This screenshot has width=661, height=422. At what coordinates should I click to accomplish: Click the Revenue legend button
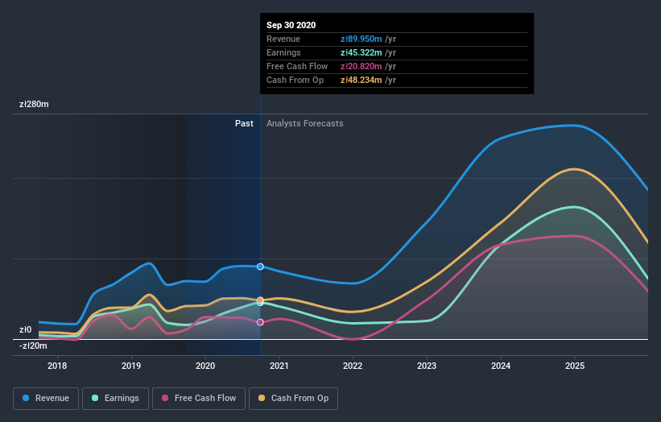point(46,398)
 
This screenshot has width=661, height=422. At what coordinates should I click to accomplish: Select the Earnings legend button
point(115,398)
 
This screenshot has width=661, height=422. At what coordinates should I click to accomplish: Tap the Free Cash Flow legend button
point(198,398)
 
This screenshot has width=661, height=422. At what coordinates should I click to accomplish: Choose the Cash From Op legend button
point(293,398)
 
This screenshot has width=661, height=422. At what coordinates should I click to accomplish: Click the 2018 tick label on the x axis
point(57,366)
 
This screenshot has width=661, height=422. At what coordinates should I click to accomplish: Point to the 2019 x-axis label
point(131,366)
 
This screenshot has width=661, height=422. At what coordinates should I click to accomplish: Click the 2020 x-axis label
point(205,366)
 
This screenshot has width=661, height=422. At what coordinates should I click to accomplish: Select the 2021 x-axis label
point(279,366)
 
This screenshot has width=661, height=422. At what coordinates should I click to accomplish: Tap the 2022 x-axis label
point(353,366)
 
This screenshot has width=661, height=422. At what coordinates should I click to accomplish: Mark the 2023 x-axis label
point(427,366)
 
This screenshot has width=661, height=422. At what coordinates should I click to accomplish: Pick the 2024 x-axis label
point(501,366)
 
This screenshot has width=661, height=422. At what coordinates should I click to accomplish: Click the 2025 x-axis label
point(575,366)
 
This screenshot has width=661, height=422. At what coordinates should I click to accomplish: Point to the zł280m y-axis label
point(34,105)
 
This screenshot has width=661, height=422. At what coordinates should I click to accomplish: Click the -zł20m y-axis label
point(33,345)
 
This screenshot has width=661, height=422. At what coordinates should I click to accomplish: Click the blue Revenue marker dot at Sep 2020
point(260,267)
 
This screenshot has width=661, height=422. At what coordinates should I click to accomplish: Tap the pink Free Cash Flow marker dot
point(260,322)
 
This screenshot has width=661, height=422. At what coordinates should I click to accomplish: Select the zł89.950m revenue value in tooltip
point(360,39)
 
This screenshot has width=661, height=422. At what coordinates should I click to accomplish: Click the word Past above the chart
point(244,124)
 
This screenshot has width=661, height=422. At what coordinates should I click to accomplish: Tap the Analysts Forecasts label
point(304,124)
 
